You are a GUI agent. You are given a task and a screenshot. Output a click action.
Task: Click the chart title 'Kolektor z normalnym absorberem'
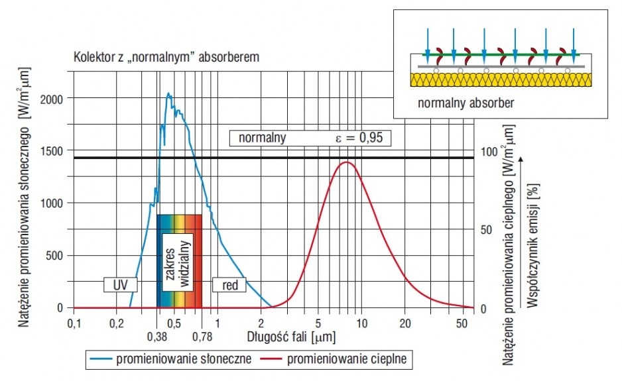tap(166, 57)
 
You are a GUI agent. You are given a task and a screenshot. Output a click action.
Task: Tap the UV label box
tap(121, 285)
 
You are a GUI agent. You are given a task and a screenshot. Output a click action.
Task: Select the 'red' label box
tap(229, 285)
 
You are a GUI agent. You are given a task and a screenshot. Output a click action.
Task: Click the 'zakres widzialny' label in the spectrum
tap(178, 263)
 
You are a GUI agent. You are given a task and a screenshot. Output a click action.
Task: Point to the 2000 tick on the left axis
tap(52, 99)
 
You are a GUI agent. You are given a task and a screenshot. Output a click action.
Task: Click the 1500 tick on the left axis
tap(52, 151)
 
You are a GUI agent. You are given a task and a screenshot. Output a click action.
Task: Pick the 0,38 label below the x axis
tap(157, 337)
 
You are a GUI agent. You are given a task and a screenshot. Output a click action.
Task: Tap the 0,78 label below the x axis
tap(202, 337)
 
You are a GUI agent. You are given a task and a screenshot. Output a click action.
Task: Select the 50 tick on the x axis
tap(462, 323)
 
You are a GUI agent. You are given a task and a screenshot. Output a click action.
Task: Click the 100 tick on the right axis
tap(489, 152)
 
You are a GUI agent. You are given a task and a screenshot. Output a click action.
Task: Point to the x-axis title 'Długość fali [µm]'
tap(291, 337)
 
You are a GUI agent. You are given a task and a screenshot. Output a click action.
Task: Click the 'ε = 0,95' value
tap(359, 138)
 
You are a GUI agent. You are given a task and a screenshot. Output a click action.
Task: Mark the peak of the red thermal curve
tap(347, 162)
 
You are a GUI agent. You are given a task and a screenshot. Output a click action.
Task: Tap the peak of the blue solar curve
tap(168, 93)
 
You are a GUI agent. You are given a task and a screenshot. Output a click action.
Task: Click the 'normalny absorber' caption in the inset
tap(466, 103)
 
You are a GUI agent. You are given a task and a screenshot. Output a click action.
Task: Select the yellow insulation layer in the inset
tap(501, 80)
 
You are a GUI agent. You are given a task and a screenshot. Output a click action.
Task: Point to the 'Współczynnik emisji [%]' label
tap(533, 245)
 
